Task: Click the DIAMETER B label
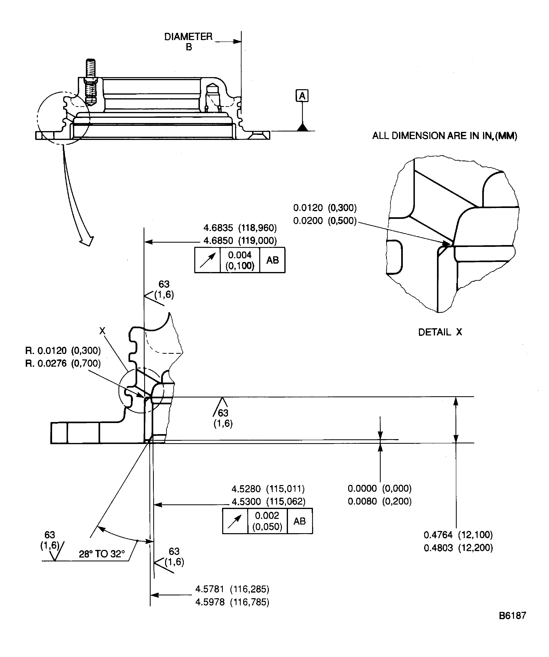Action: (188, 41)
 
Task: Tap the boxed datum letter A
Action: (302, 96)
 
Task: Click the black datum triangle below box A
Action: (302, 128)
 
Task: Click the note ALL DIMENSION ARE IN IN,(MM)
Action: (444, 136)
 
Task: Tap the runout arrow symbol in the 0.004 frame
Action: (208, 260)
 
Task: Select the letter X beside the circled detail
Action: (102, 331)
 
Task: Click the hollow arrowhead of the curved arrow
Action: (87, 241)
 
